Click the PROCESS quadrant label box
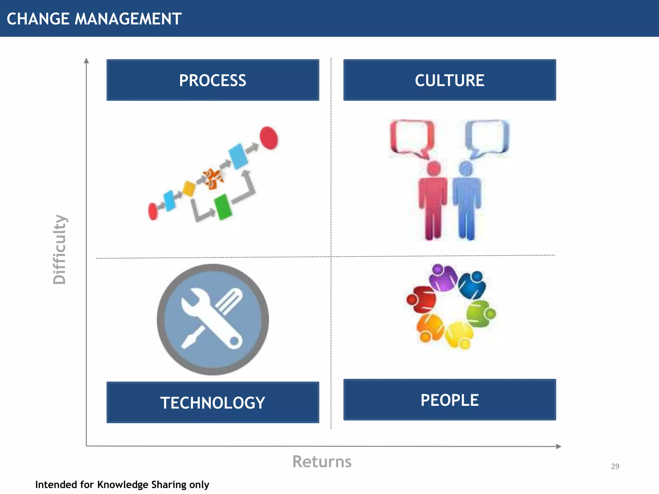point(213,80)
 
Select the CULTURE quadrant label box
point(450,80)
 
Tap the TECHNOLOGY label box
point(213,402)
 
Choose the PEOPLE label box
point(450,400)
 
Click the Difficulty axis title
point(60,250)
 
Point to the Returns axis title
point(322,462)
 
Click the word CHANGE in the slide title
point(38,19)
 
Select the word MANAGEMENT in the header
point(128,19)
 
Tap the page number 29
point(615,466)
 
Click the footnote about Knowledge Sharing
point(122,485)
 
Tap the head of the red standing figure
point(433,168)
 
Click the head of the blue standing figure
point(466,168)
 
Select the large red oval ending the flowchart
point(269,138)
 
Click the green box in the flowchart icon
point(223,207)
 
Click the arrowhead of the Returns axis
point(559,446)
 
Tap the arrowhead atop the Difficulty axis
point(86,60)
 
